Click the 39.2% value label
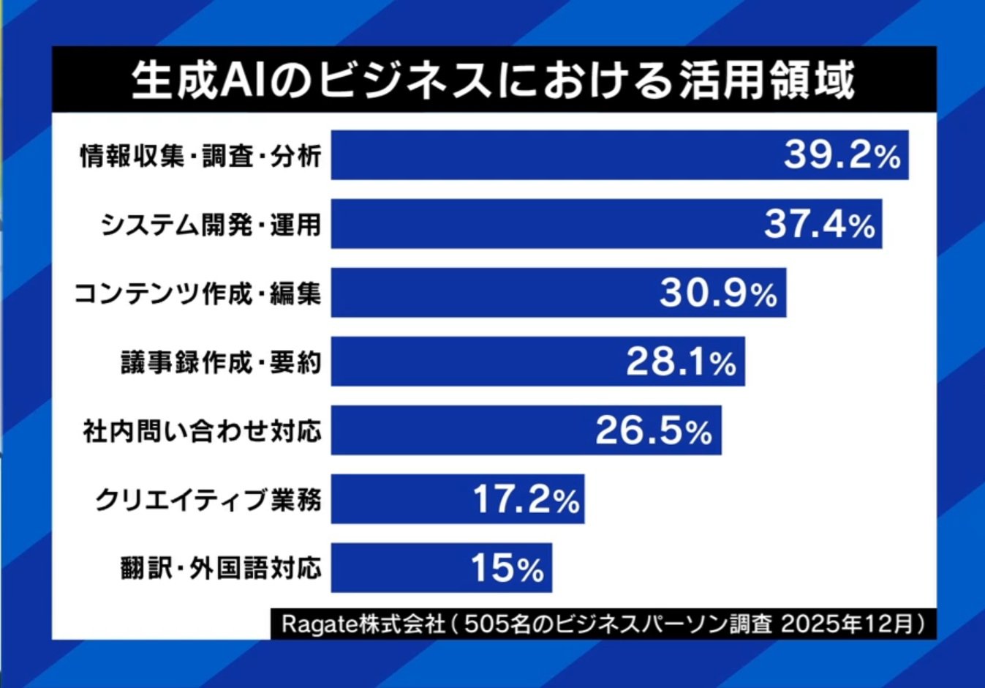click(842, 154)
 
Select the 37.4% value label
click(819, 223)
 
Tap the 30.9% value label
click(718, 293)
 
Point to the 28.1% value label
click(681, 362)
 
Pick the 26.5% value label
click(653, 430)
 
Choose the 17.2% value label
click(526, 499)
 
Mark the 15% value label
click(507, 568)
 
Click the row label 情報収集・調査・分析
click(200, 155)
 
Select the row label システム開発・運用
click(211, 224)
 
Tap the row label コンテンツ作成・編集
click(197, 293)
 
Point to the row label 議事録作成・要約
click(221, 362)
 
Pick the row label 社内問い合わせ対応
click(203, 431)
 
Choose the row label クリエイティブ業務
click(208, 500)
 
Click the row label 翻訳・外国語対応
click(221, 569)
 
